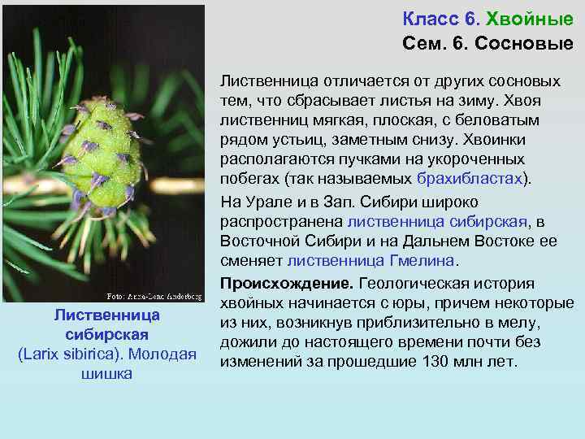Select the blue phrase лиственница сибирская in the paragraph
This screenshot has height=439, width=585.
point(437,220)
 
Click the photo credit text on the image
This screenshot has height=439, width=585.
point(154,295)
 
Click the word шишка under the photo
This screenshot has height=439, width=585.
point(106,375)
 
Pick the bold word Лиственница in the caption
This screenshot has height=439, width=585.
point(106,315)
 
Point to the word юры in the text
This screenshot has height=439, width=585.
point(422,303)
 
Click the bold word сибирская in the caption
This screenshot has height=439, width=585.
point(106,334)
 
